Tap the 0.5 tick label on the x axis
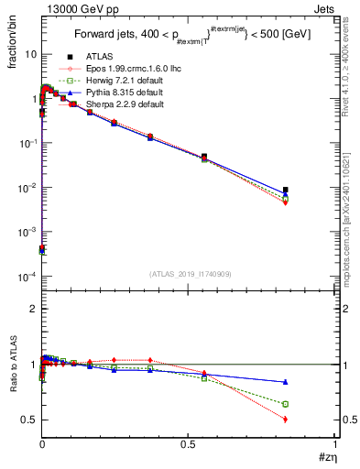(189, 444)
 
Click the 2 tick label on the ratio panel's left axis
(31, 309)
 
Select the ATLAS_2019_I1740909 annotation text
(189, 274)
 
